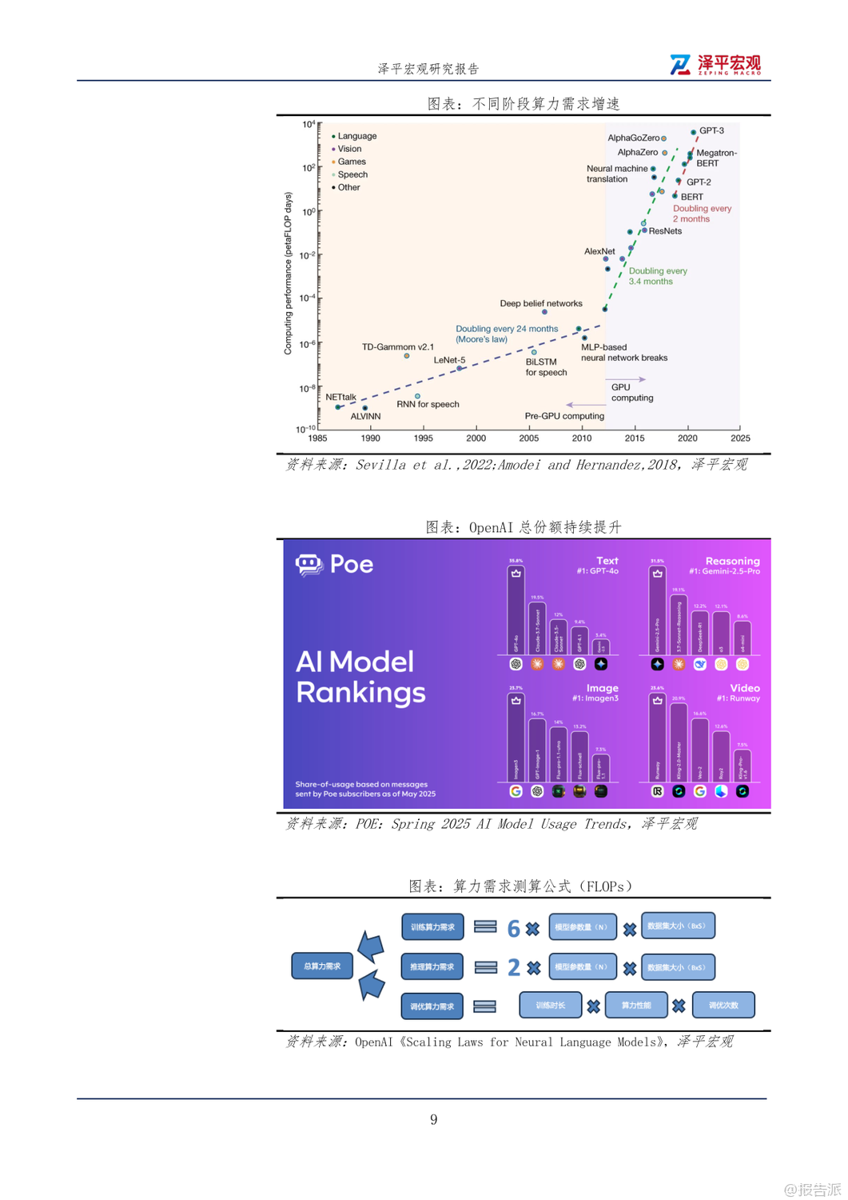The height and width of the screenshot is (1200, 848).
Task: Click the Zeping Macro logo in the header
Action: [715, 65]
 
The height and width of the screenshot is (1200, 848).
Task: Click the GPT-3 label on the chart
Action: [711, 130]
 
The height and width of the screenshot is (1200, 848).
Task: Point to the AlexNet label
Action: [599, 251]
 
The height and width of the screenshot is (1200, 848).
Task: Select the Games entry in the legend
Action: [351, 162]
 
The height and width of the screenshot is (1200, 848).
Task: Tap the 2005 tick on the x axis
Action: [529, 438]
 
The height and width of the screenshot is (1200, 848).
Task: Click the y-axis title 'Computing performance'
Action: [288, 273]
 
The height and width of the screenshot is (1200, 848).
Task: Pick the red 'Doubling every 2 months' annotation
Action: [701, 214]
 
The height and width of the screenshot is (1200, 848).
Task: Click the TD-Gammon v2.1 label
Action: [397, 347]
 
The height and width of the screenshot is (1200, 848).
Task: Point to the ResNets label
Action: [665, 231]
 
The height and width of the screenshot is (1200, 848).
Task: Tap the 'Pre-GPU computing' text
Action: [564, 416]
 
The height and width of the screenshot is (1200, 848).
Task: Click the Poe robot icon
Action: [309, 565]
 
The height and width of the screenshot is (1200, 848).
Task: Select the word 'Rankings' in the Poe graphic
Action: [360, 693]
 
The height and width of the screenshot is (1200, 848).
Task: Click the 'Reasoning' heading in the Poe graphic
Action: [732, 561]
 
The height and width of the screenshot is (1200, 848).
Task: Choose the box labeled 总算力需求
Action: [322, 966]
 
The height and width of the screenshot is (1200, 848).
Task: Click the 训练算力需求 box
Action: [432, 927]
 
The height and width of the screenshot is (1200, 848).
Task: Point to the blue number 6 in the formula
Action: [514, 928]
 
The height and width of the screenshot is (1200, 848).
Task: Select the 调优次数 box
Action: [723, 1006]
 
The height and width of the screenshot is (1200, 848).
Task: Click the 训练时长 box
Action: [550, 1006]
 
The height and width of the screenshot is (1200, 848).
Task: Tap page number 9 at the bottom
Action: [433, 1119]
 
